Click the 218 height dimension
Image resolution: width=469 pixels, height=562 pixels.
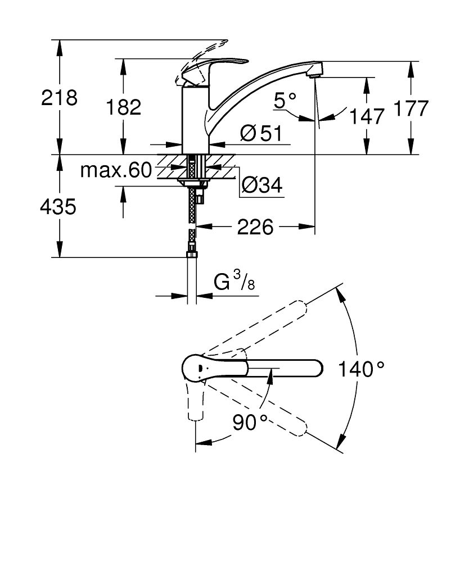[x=59, y=97]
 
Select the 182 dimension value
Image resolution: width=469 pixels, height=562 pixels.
[x=124, y=107]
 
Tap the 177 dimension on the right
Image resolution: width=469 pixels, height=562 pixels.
[x=411, y=108]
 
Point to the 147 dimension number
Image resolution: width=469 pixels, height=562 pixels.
[x=367, y=116]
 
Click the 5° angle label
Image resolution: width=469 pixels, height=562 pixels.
[x=285, y=100]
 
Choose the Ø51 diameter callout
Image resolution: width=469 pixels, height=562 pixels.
[x=261, y=134]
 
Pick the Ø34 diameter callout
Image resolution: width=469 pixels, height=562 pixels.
[x=262, y=185]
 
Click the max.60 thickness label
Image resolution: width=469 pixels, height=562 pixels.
[x=116, y=170]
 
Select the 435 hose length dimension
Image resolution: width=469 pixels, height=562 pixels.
[x=58, y=207]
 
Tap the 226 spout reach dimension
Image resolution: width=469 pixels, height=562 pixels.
[x=255, y=227]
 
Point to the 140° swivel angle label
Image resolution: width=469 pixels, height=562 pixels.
[x=362, y=369]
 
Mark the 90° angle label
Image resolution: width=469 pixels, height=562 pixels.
[x=250, y=422]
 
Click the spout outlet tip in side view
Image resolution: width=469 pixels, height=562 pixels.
[x=314, y=73]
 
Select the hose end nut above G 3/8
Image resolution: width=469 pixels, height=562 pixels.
[x=192, y=254]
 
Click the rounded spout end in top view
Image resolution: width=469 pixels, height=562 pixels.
[x=315, y=369]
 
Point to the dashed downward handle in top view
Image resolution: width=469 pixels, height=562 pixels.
[x=196, y=401]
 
